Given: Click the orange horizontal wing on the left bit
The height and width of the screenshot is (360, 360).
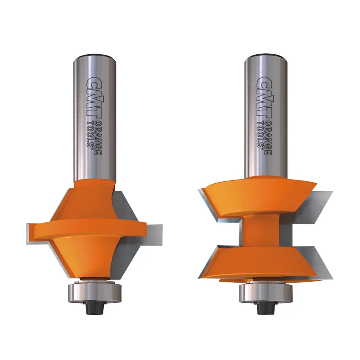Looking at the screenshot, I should [x=89, y=231].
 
